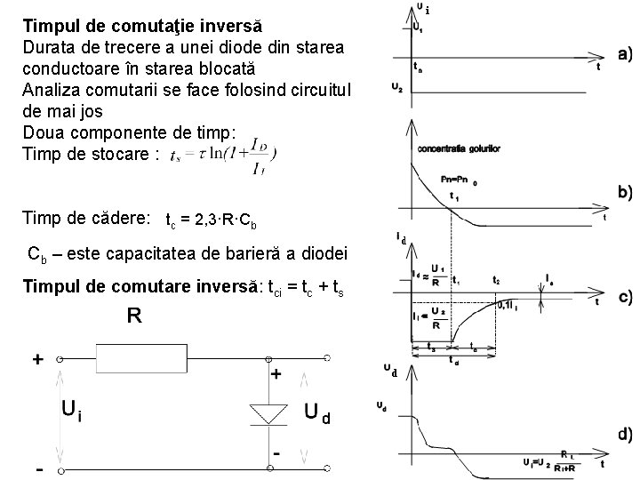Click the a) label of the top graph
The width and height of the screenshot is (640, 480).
coord(625,54)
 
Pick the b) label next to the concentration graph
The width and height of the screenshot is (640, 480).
coord(625,191)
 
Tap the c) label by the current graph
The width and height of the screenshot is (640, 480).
coord(625,298)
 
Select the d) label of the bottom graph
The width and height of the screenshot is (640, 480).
coord(625,435)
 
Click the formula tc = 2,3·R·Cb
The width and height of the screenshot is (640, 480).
coord(212,219)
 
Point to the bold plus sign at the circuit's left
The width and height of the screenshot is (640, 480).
coord(38,359)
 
